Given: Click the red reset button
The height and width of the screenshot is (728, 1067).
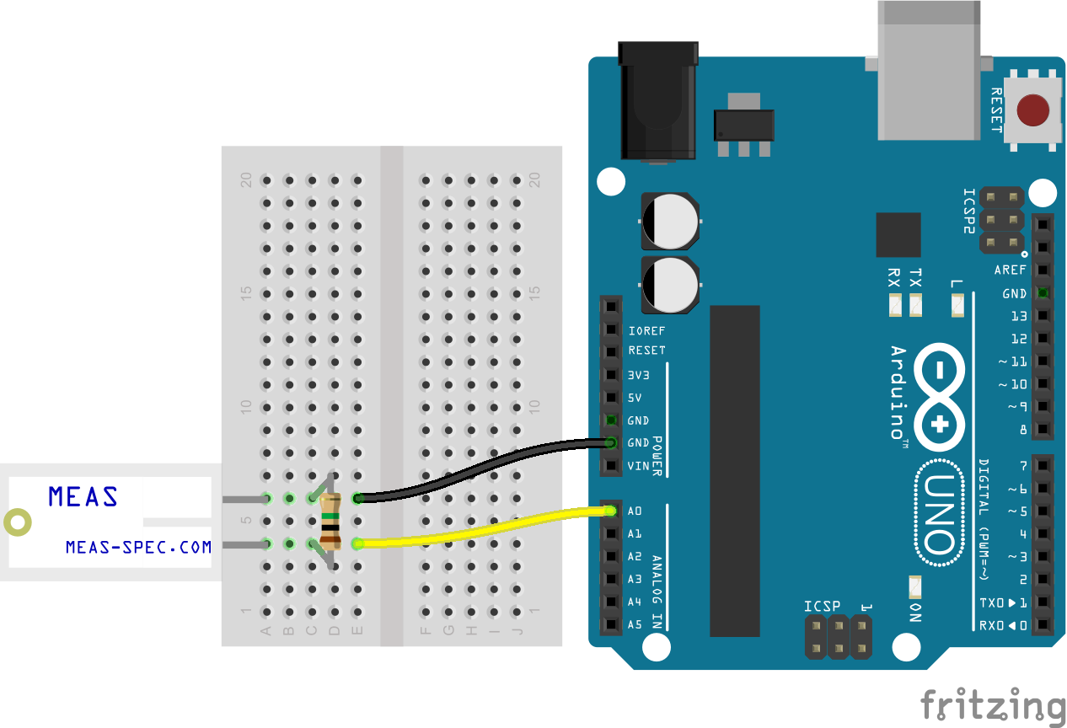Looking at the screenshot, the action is pyautogui.click(x=1032, y=110).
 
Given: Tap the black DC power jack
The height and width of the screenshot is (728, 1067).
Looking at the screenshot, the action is pyautogui.click(x=658, y=101).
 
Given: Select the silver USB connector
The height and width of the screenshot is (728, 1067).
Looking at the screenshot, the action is pyautogui.click(x=929, y=71).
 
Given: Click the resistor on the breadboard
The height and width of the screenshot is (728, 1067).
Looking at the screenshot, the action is pyautogui.click(x=330, y=522).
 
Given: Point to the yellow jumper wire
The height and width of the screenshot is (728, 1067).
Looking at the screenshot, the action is pyautogui.click(x=484, y=528).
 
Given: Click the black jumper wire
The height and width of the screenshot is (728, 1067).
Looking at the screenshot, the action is pyautogui.click(x=484, y=469).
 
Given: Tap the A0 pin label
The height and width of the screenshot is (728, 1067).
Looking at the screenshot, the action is pyautogui.click(x=635, y=511).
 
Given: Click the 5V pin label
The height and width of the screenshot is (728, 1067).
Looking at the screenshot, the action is pyautogui.click(x=635, y=398).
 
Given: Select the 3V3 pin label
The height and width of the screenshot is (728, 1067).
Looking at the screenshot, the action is pyautogui.click(x=638, y=375).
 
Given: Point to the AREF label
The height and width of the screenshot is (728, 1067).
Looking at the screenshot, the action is pyautogui.click(x=1010, y=270).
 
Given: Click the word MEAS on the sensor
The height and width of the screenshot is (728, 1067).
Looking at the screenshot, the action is pyautogui.click(x=83, y=496).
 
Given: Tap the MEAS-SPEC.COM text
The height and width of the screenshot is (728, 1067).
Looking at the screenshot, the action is pyautogui.click(x=138, y=547).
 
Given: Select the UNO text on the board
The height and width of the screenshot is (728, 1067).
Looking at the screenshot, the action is pyautogui.click(x=939, y=513).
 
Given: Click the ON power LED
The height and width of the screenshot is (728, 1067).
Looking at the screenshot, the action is pyautogui.click(x=915, y=587).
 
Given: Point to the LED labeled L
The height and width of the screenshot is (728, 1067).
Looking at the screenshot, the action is pyautogui.click(x=957, y=305).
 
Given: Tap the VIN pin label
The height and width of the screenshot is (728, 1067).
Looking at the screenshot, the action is pyautogui.click(x=638, y=466).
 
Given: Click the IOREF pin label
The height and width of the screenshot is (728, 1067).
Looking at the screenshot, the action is pyautogui.click(x=646, y=330).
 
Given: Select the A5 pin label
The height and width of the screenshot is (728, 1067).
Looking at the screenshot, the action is pyautogui.click(x=635, y=624).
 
